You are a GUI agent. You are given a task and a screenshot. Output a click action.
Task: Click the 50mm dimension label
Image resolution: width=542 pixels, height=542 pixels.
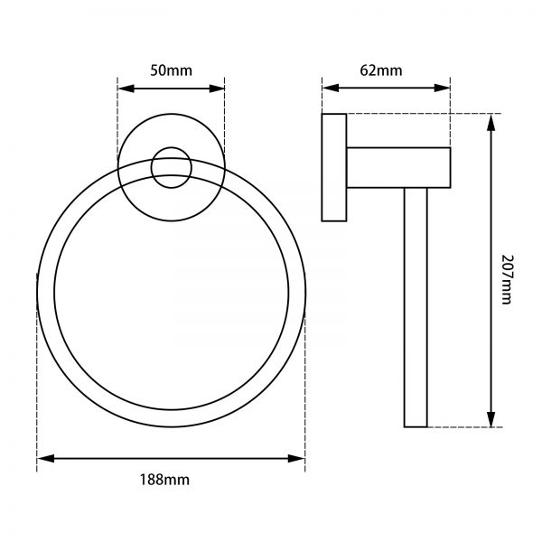coord(171,70)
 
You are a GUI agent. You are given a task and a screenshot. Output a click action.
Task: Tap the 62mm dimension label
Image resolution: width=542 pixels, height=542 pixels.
coord(388,70)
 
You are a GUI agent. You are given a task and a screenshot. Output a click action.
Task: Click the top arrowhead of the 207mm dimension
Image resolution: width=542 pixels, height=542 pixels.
coord(492,121)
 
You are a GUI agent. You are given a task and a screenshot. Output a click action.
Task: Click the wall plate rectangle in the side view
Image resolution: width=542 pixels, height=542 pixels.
coord(334,168)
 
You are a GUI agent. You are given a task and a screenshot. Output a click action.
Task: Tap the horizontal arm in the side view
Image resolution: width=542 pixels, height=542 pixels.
coord(398,167)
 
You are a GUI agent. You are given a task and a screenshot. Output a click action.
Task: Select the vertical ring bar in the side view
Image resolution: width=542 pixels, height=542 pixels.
coord(416,307)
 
